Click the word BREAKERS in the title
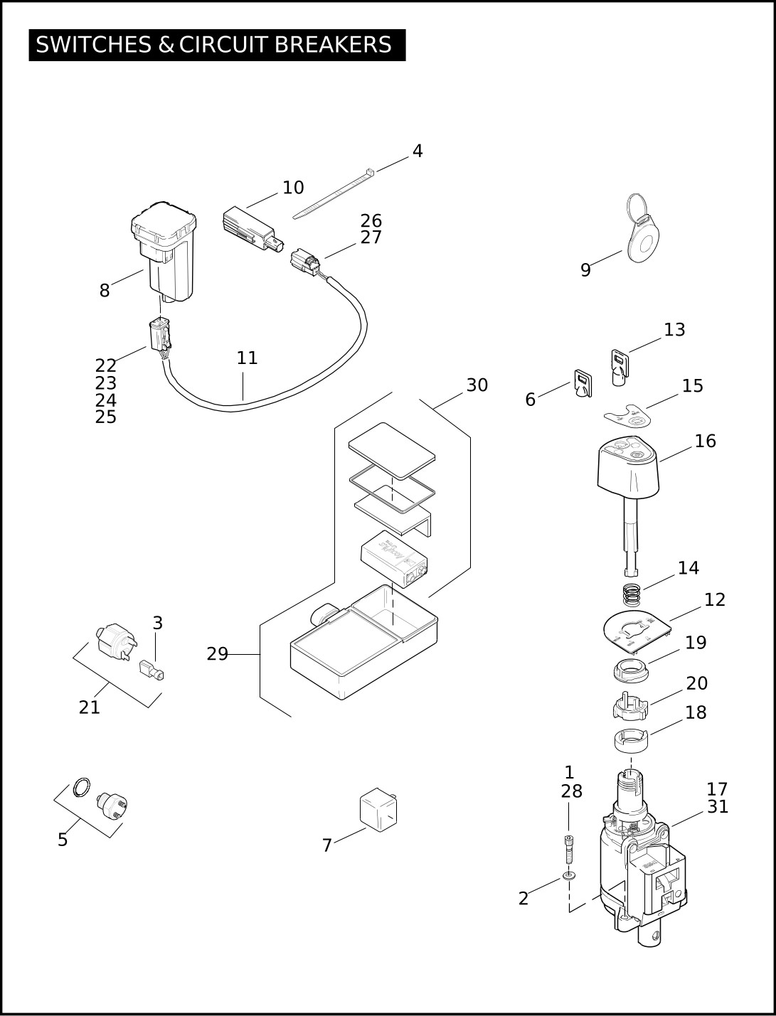click(333, 44)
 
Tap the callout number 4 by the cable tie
click(418, 151)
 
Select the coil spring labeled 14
click(631, 595)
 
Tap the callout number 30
click(477, 385)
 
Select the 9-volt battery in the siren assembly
click(393, 558)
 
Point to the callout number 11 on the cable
click(247, 358)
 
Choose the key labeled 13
click(620, 367)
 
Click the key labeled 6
click(583, 383)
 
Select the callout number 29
click(217, 654)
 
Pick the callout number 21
click(90, 707)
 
